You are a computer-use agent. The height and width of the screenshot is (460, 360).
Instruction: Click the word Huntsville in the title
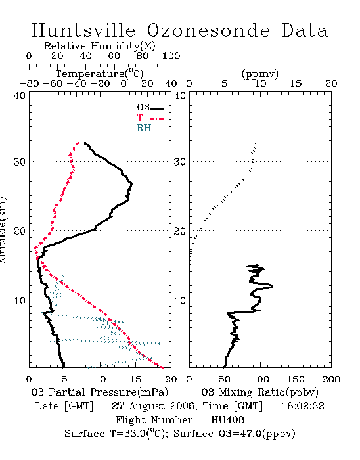[x=83, y=30]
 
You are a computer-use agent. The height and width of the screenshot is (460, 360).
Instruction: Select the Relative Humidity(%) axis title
[x=100, y=46]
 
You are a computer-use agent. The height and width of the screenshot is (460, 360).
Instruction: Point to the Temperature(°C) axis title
[x=100, y=74]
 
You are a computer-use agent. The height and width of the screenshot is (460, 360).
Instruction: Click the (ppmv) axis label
[x=260, y=74]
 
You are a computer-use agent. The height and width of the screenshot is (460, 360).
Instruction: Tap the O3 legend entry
[x=150, y=108]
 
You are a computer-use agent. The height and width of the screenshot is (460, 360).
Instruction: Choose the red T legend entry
[x=150, y=118]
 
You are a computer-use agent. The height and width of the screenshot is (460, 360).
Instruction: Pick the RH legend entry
[x=150, y=128]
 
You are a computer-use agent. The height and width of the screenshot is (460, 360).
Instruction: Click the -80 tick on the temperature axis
[x=29, y=84]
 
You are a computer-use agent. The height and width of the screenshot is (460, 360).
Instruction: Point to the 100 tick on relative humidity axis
[x=171, y=56]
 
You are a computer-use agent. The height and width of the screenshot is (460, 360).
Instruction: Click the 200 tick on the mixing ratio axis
[x=331, y=379]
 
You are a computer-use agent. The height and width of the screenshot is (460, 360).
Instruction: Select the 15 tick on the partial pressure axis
[x=135, y=379]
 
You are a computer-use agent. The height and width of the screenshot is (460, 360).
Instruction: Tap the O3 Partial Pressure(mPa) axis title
[x=100, y=392]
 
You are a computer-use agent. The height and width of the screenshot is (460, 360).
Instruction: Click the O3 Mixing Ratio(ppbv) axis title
[x=259, y=392]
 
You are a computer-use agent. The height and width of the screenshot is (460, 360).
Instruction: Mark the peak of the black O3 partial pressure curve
[x=132, y=184]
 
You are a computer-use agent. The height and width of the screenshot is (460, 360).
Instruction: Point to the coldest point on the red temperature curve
[x=35, y=248]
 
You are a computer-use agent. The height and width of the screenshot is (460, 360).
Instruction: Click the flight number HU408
[x=227, y=420]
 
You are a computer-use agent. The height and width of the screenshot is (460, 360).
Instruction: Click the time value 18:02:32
[x=303, y=406]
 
